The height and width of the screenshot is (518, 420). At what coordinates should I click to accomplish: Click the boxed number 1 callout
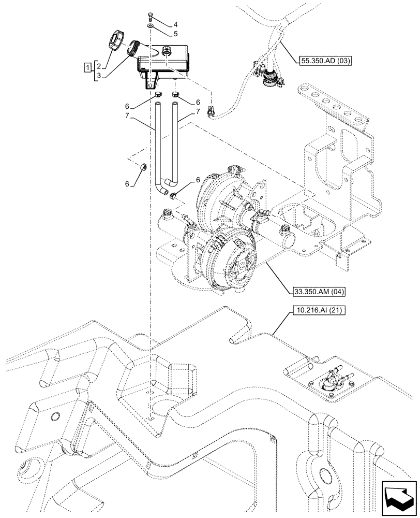[x=89, y=67]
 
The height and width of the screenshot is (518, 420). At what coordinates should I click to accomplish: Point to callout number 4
[x=161, y=24]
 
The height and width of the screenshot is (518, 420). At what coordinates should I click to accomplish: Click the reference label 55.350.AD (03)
[x=326, y=61]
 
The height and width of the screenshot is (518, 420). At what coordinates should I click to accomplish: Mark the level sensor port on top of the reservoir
[x=167, y=51]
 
